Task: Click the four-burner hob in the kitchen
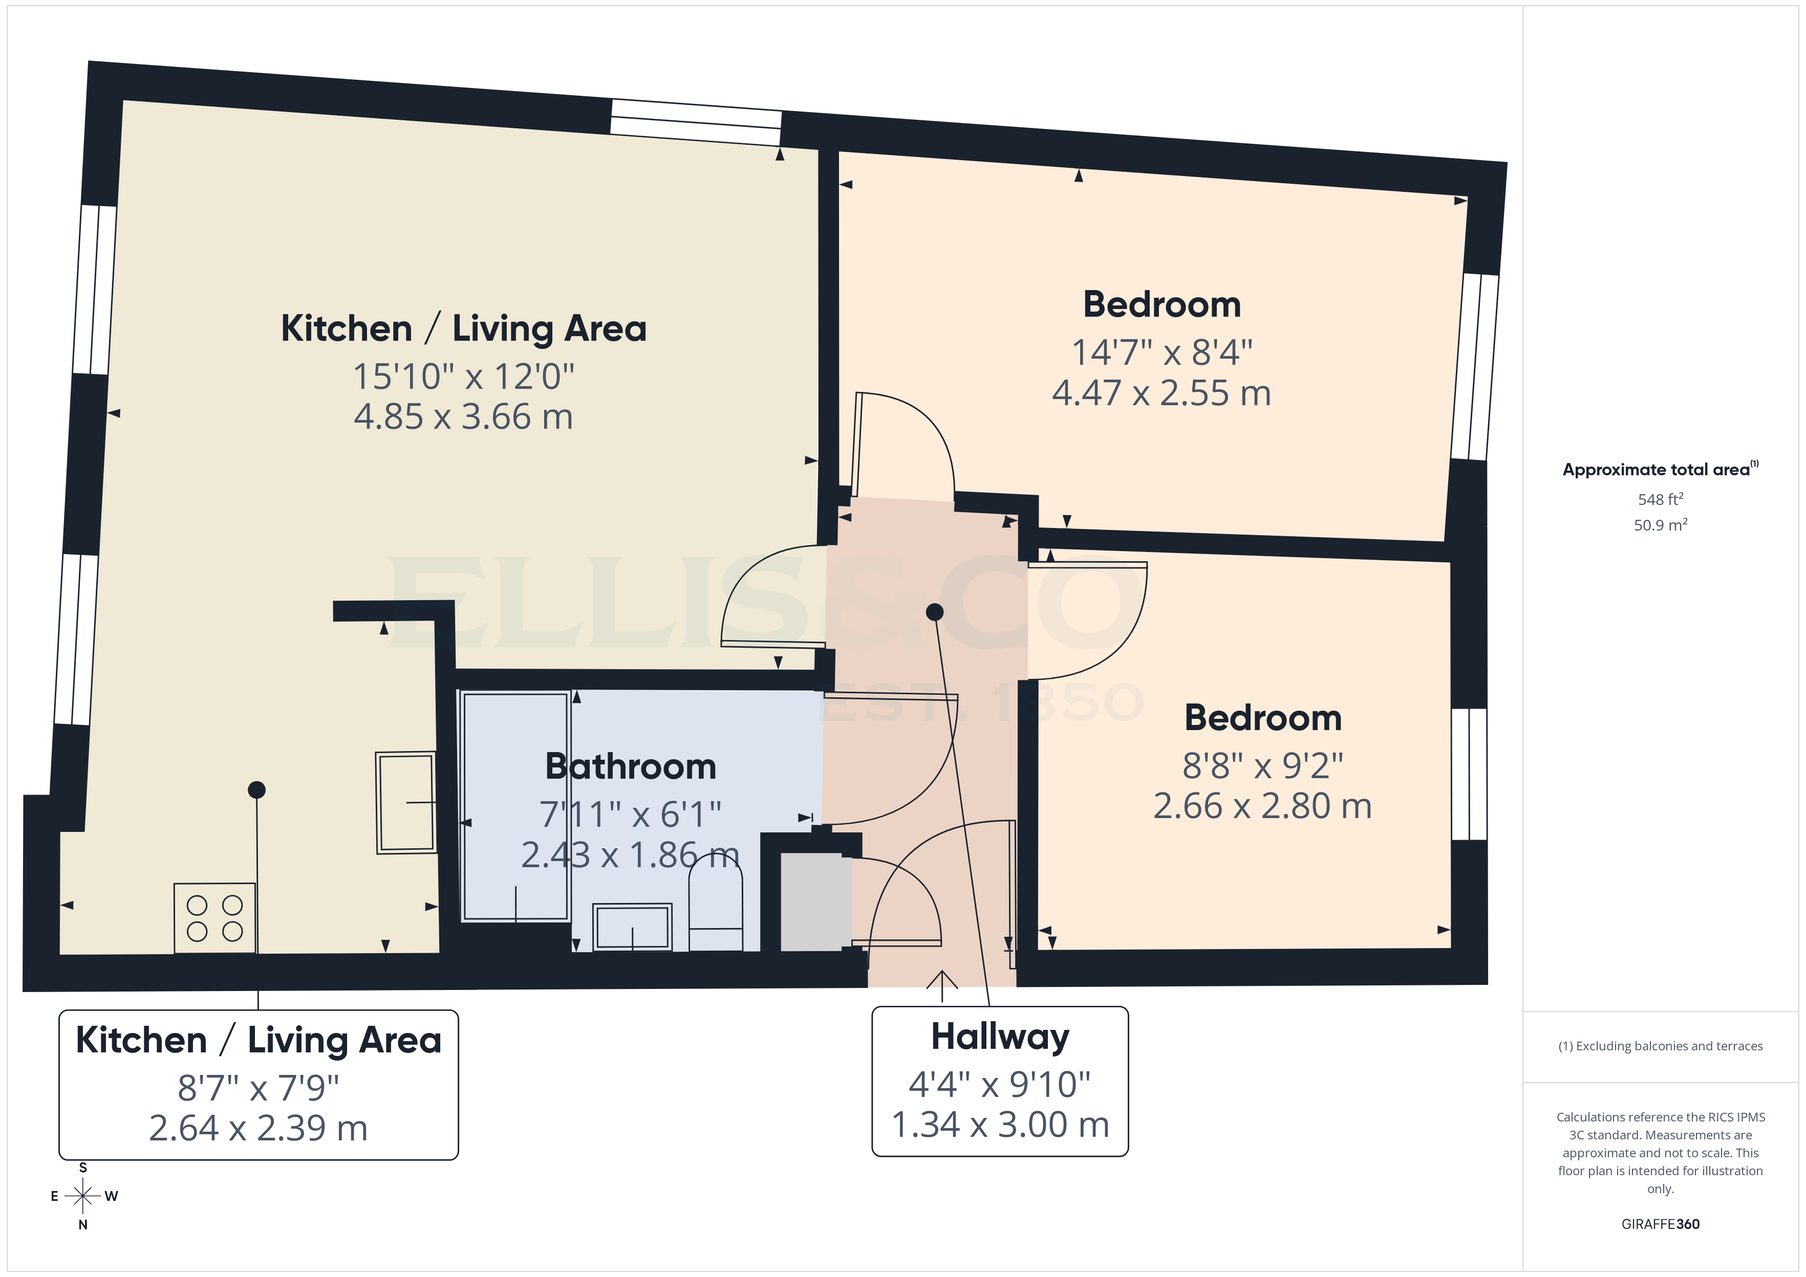pyautogui.click(x=214, y=918)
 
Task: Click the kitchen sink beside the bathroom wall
pyautogui.click(x=406, y=802)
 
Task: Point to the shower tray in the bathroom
pyautogui.click(x=515, y=806)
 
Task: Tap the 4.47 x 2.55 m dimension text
pyautogui.click(x=1161, y=393)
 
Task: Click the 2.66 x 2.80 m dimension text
pyautogui.click(x=1262, y=806)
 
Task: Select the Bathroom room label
pyautogui.click(x=630, y=767)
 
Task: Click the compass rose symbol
pyautogui.click(x=82, y=1196)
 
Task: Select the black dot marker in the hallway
pyautogui.click(x=934, y=612)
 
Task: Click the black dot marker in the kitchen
pyautogui.click(x=256, y=789)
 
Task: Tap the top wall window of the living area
pyautogui.click(x=696, y=122)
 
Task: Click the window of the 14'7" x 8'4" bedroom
pyautogui.click(x=1475, y=366)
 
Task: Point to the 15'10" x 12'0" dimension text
pyautogui.click(x=463, y=377)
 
